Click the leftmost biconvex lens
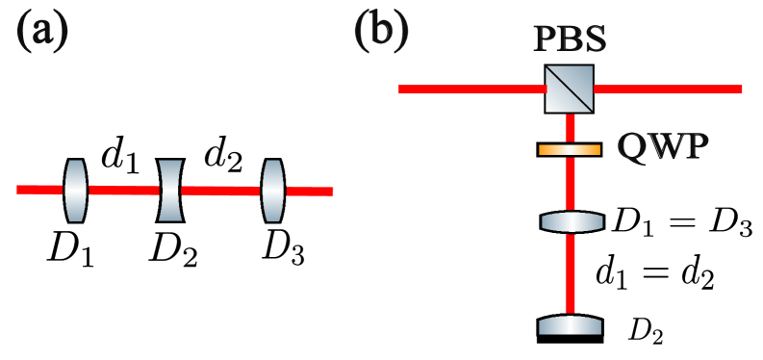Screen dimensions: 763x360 tap(76, 191)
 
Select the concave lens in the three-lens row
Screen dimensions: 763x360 tap(170, 191)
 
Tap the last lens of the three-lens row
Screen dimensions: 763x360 tap(273, 191)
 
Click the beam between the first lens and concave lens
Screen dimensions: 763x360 tap(123, 191)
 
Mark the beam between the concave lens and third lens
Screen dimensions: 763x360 tap(221, 191)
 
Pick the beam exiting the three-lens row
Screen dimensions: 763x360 tap(309, 192)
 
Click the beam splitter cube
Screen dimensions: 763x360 tap(569, 89)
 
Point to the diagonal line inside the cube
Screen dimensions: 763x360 tap(569, 89)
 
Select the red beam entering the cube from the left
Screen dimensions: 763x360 tap(471, 89)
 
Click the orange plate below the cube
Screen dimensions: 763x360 tap(570, 150)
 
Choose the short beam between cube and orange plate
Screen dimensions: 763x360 tap(570, 128)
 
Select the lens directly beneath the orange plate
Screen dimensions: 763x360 tap(572, 222)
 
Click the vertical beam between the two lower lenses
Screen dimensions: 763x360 tap(570, 273)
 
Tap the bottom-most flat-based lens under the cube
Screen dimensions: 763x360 tap(570, 326)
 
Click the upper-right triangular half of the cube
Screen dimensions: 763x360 tap(580, 77)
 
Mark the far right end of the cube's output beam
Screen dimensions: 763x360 tap(738, 89)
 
